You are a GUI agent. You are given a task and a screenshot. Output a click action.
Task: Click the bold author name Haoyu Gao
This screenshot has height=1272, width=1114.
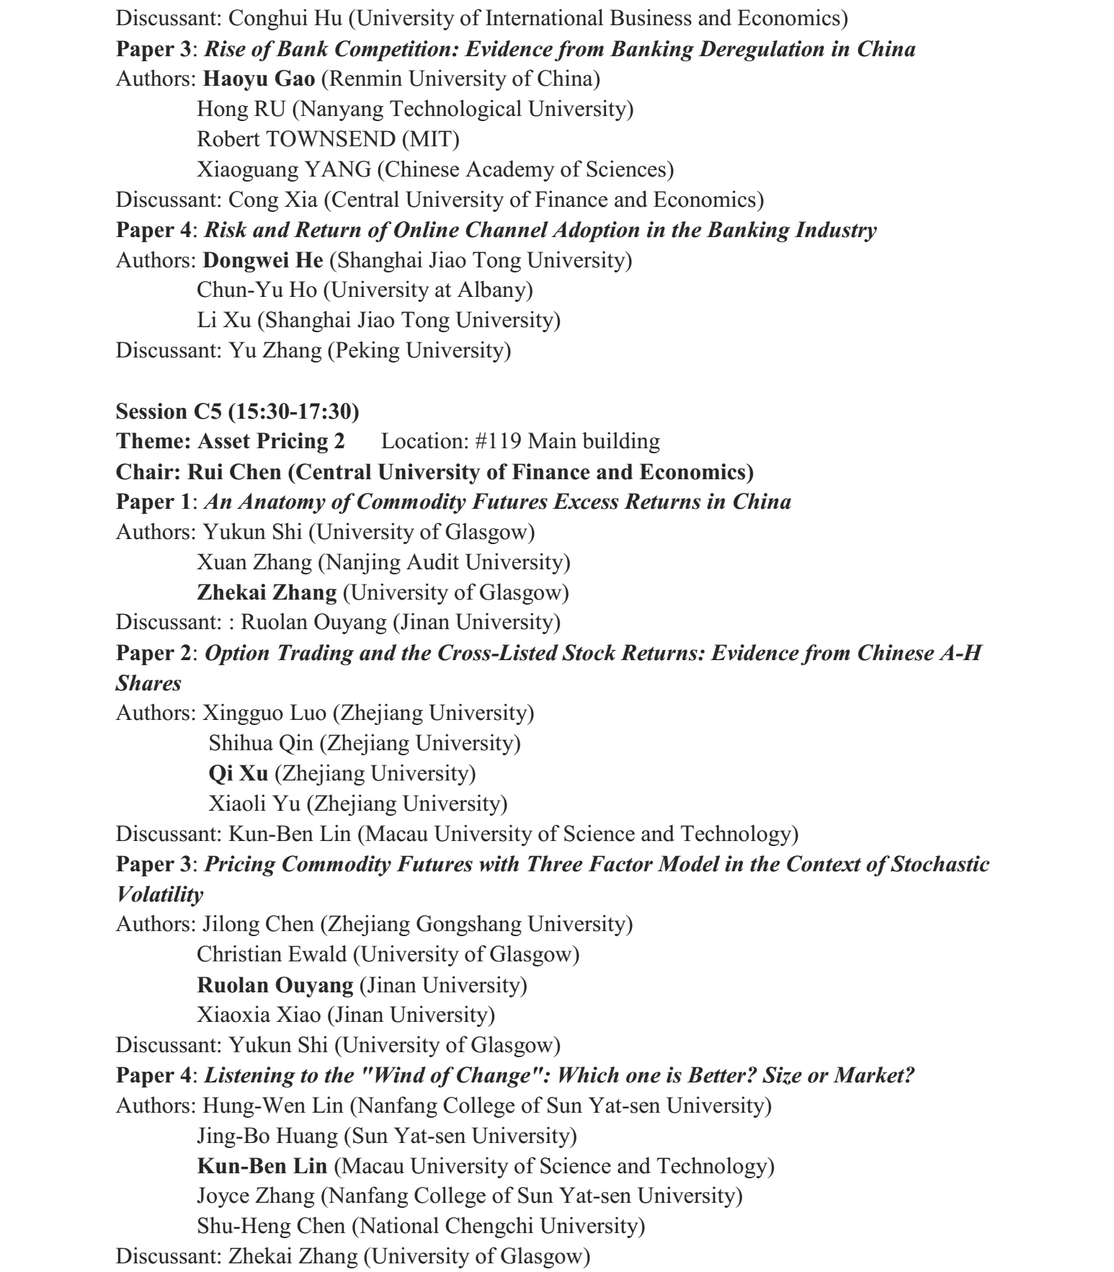259,79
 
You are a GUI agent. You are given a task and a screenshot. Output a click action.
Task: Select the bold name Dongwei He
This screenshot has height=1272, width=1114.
264,260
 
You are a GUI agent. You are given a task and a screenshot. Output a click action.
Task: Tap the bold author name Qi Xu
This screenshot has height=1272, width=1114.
238,773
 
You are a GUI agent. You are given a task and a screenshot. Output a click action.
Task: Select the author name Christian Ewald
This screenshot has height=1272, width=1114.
271,954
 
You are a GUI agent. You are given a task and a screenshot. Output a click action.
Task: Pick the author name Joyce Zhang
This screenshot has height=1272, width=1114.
256,1196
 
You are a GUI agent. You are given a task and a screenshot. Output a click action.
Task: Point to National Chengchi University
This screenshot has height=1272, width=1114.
501,1226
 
